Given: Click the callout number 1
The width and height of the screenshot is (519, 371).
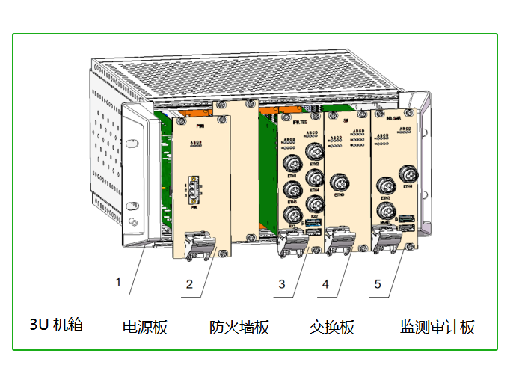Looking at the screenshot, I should [x=117, y=283].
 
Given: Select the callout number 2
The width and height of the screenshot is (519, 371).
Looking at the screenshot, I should [x=189, y=283].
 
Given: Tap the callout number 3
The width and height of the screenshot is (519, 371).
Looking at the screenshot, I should [x=282, y=284].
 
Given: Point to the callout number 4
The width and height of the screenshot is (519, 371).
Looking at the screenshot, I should [x=326, y=284].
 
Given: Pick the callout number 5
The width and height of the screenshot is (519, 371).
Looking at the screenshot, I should [x=378, y=284].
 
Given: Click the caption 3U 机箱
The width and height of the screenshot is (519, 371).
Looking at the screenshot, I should [x=56, y=325].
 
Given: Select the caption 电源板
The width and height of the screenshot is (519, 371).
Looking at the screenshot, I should [x=145, y=327].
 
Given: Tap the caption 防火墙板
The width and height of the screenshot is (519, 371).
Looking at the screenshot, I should [x=239, y=327].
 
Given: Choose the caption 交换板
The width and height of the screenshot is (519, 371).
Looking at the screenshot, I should [x=332, y=327].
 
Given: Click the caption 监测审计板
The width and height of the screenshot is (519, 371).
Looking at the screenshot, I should [x=437, y=327].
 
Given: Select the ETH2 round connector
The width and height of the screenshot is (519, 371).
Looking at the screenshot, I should [x=315, y=152].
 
